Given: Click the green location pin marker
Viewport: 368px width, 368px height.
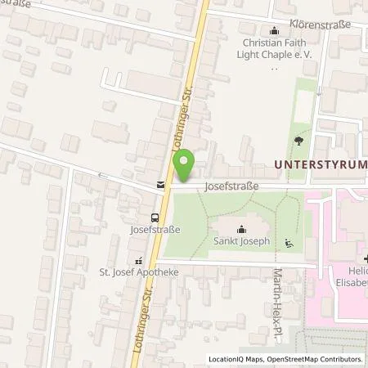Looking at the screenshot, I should [x=186, y=166].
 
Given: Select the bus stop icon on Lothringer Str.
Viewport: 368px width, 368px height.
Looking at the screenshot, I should [x=155, y=218].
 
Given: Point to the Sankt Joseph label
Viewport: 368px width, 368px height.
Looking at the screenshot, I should [x=241, y=242].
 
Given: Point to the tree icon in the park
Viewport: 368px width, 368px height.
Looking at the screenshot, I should [x=297, y=141].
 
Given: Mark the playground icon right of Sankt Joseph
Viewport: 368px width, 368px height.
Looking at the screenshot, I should [x=288, y=242].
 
